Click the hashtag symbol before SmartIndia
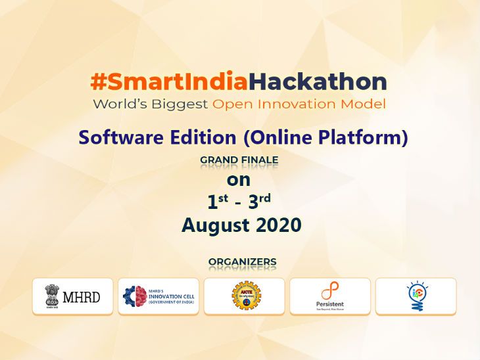[x=98, y=82]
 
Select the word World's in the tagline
[x=117, y=104]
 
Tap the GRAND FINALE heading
[x=239, y=160]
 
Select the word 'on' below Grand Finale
[x=239, y=179]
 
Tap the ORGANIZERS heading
[x=242, y=262]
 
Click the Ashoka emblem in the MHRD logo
[x=52, y=296]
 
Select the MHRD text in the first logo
[x=82, y=297]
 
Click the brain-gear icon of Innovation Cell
[x=135, y=296]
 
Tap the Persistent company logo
[x=330, y=296]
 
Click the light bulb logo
[x=416, y=296]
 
